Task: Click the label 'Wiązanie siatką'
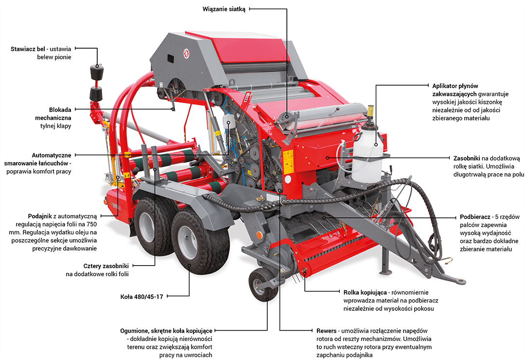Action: pos(224,9)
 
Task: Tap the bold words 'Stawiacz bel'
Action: pos(28,49)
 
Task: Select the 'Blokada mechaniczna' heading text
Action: pos(53,114)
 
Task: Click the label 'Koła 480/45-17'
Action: pos(141,297)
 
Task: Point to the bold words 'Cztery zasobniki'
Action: pos(106,266)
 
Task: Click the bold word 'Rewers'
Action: pos(327,331)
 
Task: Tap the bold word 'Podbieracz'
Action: pos(475,217)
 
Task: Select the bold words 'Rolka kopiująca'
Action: pos(365,292)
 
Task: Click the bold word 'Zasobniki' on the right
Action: pos(467,158)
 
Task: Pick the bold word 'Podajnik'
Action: pos(40,216)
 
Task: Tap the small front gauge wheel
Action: pos(263,285)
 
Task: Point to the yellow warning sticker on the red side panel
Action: pos(288,162)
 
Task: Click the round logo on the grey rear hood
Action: pos(186,53)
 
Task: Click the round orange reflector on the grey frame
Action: pos(259,234)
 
